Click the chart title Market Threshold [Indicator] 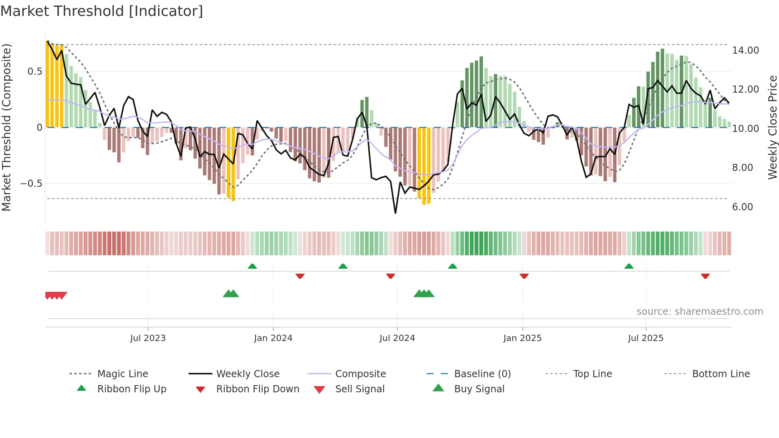[102, 11]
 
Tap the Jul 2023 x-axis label [148, 338]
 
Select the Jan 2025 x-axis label [522, 338]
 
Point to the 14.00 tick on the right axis [745, 50]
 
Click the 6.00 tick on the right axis [742, 207]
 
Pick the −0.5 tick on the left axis [31, 184]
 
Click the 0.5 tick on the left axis [35, 72]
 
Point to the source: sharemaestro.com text [700, 312]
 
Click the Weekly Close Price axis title [772, 127]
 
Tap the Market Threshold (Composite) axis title [6, 127]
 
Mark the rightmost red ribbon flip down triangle [705, 276]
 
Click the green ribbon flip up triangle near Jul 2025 [629, 266]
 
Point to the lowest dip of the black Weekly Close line [395, 213]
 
